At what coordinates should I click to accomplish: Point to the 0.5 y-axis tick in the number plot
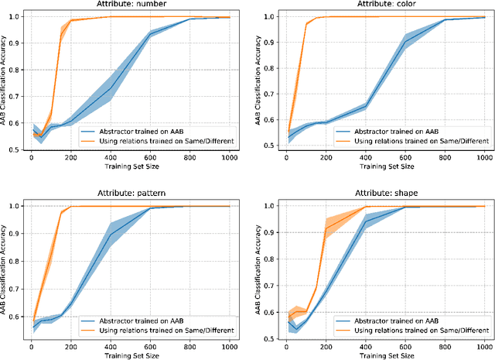(x=15, y=149)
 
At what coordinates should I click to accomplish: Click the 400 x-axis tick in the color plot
(x=366, y=158)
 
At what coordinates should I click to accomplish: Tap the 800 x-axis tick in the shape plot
(x=444, y=345)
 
